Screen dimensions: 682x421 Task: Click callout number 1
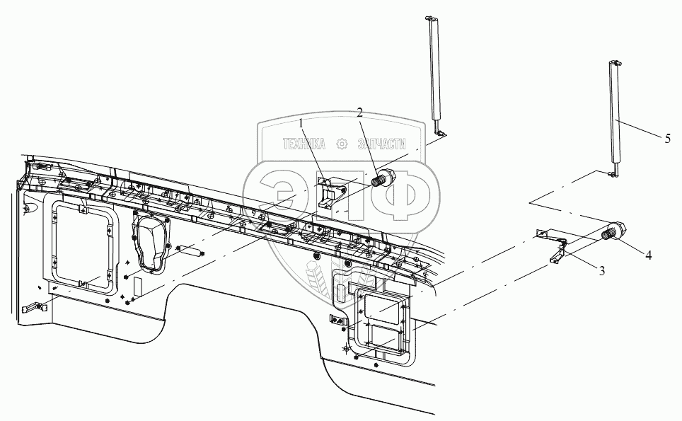[301, 124]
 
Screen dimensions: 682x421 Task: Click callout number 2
[359, 113]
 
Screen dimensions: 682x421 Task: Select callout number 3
[601, 271]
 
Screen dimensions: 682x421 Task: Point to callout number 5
[667, 139]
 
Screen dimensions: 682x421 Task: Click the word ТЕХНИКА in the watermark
[304, 144]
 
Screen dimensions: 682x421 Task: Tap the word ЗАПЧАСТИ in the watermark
[385, 144]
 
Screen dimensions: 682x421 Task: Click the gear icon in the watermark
[343, 144]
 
